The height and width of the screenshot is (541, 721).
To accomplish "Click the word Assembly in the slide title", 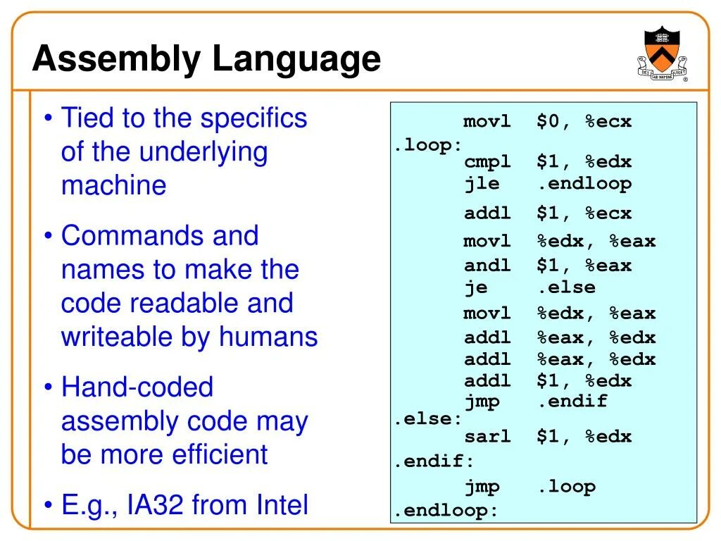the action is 117,59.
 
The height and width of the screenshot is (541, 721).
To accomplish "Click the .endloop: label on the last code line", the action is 446,511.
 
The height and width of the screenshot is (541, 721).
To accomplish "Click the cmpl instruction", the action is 487,163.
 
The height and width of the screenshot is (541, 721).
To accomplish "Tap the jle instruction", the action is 482,184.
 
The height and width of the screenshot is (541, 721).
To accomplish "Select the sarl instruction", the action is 487,437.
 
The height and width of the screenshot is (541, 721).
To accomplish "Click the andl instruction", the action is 487,266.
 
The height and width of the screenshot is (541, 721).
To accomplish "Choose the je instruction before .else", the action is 475,287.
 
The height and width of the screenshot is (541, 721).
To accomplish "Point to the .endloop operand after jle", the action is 584,184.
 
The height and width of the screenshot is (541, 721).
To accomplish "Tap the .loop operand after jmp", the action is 566,487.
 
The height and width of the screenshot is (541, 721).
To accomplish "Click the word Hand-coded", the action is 137,387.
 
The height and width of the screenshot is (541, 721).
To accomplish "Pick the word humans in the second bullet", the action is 268,337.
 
